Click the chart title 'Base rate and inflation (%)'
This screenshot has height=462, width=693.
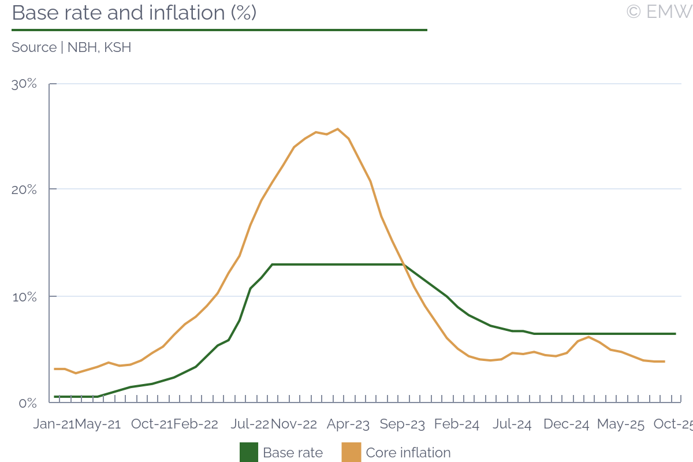(x=134, y=13)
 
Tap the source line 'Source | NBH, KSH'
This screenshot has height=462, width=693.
(x=72, y=47)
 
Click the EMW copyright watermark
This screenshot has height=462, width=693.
(x=659, y=12)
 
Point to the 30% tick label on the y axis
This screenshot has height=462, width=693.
(x=24, y=84)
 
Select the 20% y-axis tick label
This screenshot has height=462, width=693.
(x=24, y=189)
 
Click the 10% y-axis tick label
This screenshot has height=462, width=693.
(x=24, y=296)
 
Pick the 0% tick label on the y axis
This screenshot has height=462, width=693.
(x=28, y=403)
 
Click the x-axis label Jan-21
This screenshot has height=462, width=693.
(x=54, y=424)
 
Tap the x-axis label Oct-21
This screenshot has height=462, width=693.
(x=152, y=424)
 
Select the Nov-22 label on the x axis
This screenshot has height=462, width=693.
(x=294, y=424)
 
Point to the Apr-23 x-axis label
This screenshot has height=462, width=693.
(x=348, y=424)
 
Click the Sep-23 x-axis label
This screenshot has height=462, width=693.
(x=403, y=424)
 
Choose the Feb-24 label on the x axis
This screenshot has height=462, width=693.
(x=457, y=424)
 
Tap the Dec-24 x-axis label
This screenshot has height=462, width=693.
(x=567, y=424)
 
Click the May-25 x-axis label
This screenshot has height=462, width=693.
(x=621, y=424)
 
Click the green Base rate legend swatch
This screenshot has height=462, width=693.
(x=249, y=453)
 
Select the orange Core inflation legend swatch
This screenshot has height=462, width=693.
(x=352, y=453)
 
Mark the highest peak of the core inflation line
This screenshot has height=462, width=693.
(x=337, y=129)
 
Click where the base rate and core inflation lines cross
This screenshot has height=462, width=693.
(x=404, y=265)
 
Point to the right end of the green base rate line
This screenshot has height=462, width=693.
(x=675, y=334)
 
